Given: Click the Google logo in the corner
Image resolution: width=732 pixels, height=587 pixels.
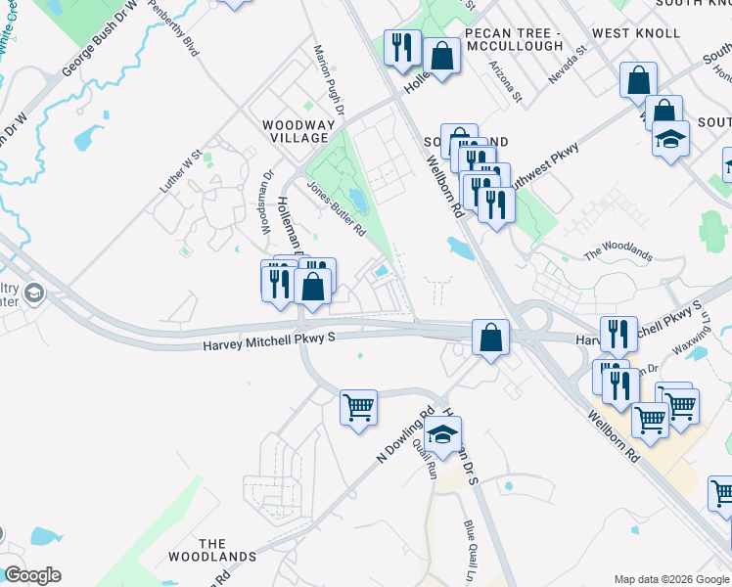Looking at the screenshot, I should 32,575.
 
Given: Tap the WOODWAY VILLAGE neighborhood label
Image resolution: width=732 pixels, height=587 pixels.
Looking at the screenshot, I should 295,131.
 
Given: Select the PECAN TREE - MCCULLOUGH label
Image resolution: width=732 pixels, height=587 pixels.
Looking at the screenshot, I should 514,39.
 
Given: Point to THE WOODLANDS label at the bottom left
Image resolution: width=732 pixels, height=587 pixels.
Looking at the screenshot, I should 227,550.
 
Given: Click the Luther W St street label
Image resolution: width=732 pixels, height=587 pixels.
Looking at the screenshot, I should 182,169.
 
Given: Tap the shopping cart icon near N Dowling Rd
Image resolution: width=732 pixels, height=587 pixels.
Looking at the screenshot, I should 358,406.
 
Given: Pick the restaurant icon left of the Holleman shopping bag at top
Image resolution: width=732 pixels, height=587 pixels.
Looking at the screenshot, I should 401,47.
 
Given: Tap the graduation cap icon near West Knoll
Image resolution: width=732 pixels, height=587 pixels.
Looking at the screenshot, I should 670,137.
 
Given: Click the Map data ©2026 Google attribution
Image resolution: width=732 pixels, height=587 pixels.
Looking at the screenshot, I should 670,579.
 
